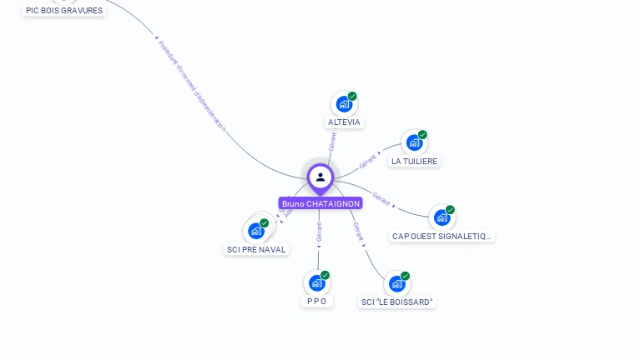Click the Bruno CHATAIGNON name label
tap(320, 203)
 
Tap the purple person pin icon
tap(320, 177)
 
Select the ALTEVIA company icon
tap(343, 104)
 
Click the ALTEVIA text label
tap(344, 122)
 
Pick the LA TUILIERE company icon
tap(414, 142)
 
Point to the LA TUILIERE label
tap(414, 162)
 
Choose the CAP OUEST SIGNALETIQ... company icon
tap(442, 217)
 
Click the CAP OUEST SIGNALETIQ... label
tap(442, 237)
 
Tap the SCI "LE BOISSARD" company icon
tap(396, 283)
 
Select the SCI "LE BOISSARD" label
tap(397, 302)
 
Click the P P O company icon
tap(316, 282)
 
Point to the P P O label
tap(316, 302)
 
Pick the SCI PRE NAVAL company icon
tap(255, 231)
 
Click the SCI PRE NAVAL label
tap(256, 250)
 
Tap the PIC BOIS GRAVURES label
tap(64, 11)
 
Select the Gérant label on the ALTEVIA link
tap(332, 142)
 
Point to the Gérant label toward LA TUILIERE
tap(368, 161)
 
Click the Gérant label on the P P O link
tap(319, 232)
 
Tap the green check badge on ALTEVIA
tap(352, 97)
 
